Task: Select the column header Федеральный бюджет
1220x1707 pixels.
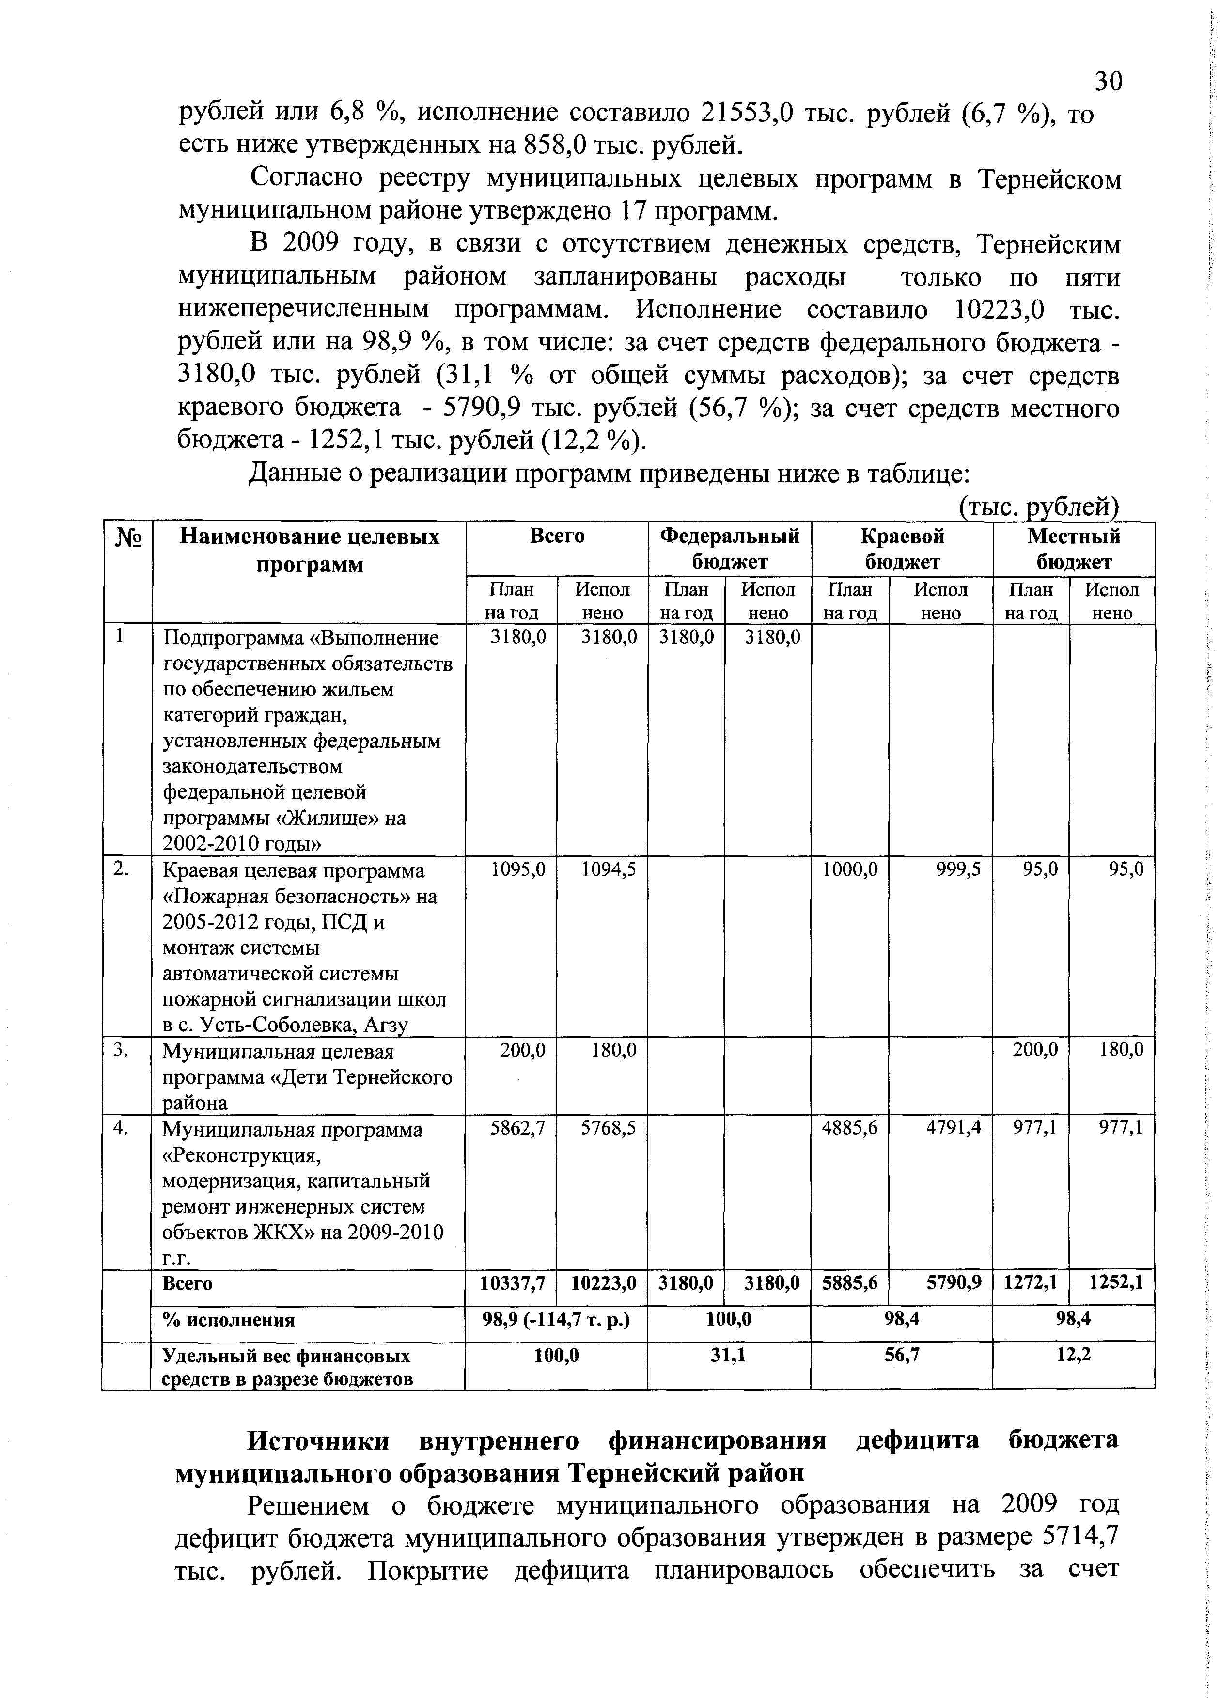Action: point(730,549)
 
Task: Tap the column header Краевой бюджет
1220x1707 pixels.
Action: point(902,549)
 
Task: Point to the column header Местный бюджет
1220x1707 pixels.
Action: point(1074,549)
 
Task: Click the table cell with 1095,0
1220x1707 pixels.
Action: point(517,869)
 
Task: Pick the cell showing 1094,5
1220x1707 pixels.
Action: point(609,869)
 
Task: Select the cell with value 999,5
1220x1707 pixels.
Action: point(958,869)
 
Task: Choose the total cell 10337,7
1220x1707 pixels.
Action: point(512,1283)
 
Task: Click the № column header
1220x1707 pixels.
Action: point(128,538)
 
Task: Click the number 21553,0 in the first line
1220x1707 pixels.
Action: point(747,113)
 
